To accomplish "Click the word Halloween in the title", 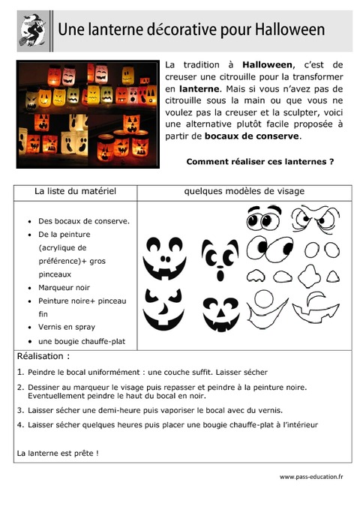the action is pos(289,30).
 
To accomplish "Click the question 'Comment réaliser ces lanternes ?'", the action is pos(259,161).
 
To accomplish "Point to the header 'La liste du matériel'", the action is pos(75,192).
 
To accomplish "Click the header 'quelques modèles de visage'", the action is pos(244,192).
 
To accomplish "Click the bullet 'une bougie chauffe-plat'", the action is pos(82,341).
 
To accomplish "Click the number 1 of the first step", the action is pos(19,372).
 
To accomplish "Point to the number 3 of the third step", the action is pos(19,410).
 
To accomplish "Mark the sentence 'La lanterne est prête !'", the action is pos(58,453).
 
